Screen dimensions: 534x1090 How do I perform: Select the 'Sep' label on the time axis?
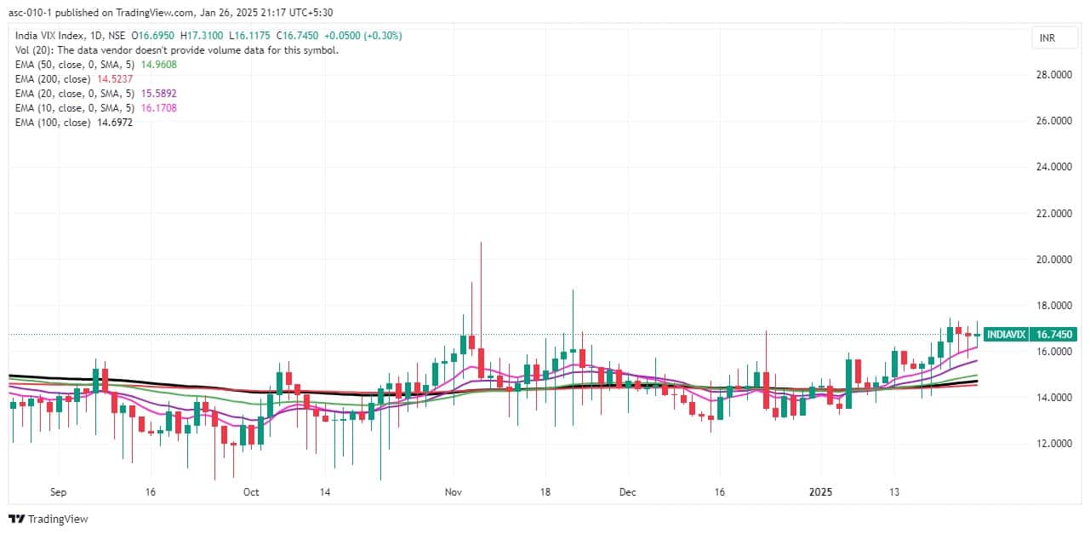point(59,491)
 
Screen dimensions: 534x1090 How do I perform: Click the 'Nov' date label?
point(453,491)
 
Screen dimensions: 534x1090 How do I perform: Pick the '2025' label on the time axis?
point(821,491)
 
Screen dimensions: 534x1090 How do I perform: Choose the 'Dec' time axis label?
point(628,491)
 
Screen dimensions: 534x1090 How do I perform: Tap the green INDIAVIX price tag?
point(1006,335)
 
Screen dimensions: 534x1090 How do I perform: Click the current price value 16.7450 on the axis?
point(1052,335)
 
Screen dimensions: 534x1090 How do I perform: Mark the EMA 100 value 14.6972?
point(114,123)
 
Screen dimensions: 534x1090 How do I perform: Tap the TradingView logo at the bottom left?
point(49,519)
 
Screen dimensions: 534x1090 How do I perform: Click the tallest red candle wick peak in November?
point(481,243)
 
